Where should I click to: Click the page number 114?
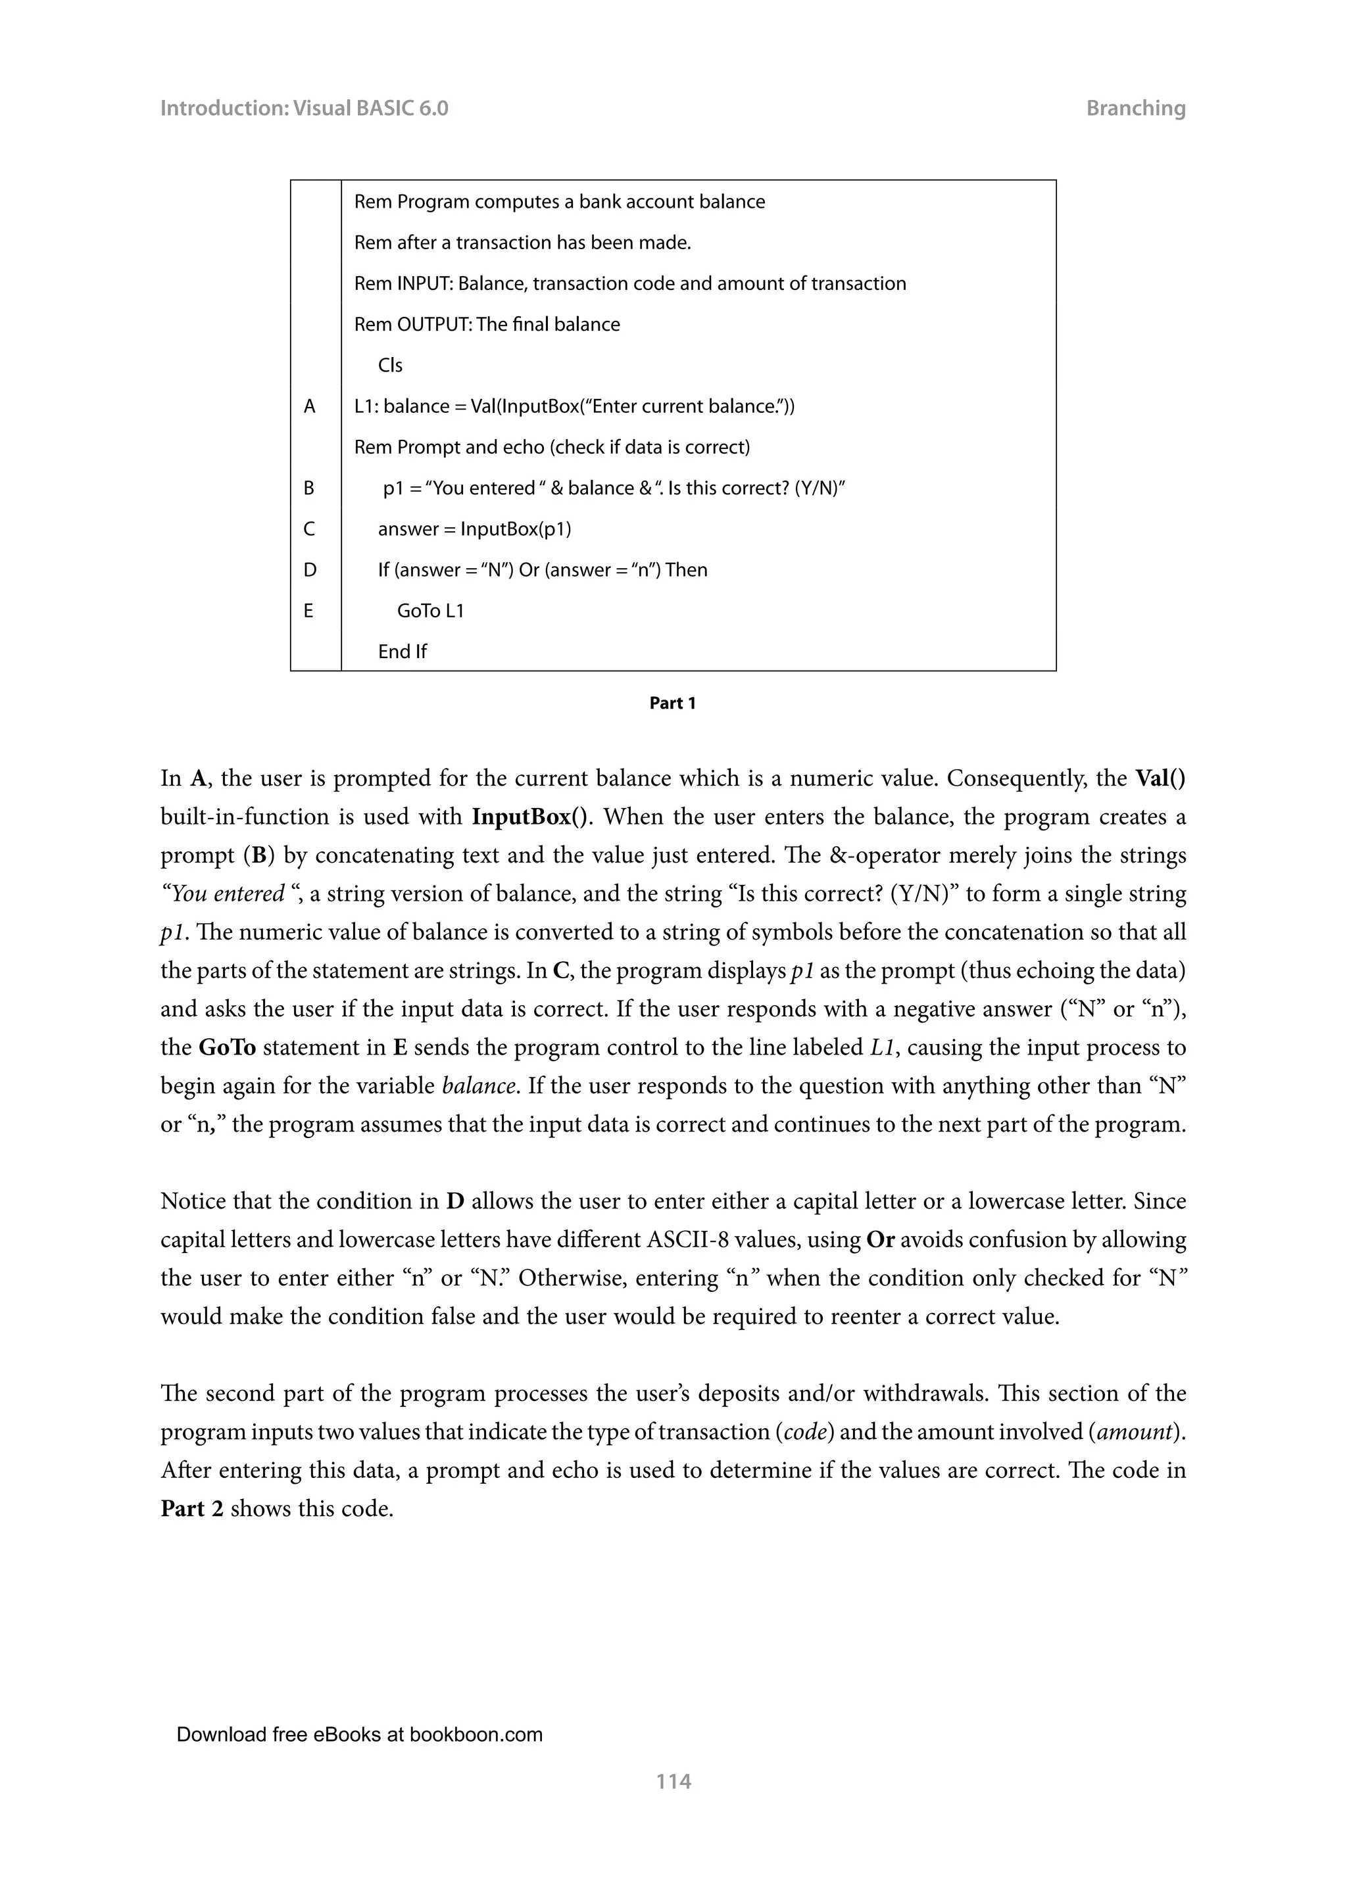673,1780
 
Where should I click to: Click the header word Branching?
1135,108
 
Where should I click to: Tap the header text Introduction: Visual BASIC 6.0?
304,108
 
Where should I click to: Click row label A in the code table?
309,406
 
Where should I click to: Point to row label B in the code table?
309,488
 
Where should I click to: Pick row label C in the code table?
309,529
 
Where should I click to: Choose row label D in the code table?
309,570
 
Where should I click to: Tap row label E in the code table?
308,611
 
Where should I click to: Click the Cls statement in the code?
390,366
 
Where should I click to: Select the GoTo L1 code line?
431,611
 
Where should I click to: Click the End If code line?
403,652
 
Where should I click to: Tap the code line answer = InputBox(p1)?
474,529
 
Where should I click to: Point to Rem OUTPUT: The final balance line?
487,325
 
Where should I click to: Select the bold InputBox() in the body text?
531,817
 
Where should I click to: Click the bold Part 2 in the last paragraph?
191,1508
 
